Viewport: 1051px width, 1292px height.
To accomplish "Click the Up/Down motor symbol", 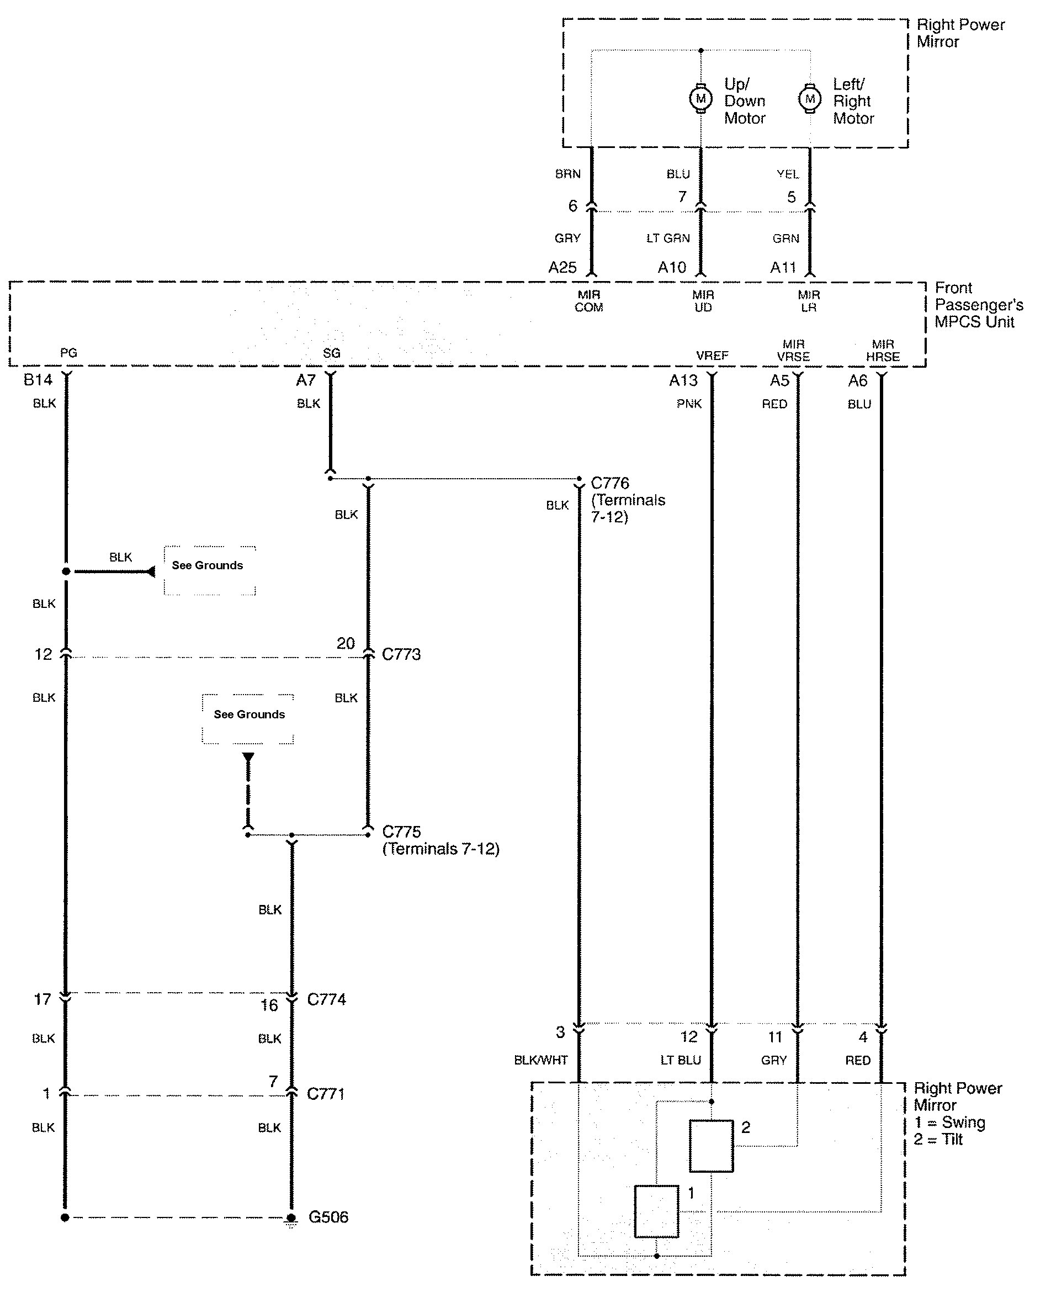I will (700, 99).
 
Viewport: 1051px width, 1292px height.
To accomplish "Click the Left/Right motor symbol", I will (809, 99).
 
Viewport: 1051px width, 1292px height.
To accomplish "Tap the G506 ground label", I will (328, 1217).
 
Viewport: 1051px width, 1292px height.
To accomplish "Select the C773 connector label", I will (401, 654).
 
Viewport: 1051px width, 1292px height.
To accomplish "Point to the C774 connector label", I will (326, 999).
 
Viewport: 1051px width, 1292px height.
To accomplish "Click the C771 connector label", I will (326, 1094).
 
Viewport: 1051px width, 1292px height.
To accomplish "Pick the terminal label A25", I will (562, 268).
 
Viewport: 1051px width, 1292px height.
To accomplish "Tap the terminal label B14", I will (38, 380).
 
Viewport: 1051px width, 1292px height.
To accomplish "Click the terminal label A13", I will (683, 381).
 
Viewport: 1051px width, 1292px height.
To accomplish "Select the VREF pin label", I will (712, 356).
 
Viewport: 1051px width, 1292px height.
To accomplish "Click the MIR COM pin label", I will (588, 301).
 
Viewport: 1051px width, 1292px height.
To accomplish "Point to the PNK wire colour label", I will (689, 404).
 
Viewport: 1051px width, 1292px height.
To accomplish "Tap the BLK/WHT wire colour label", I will (540, 1060).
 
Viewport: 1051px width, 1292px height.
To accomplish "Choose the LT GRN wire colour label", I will (668, 239).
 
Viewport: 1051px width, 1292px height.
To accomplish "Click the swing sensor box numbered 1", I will (656, 1211).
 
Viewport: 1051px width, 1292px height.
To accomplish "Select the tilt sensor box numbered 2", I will (711, 1146).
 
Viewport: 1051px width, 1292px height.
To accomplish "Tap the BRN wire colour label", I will (567, 174).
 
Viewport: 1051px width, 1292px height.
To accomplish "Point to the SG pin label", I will (331, 353).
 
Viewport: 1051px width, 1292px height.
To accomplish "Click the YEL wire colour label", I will (788, 174).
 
